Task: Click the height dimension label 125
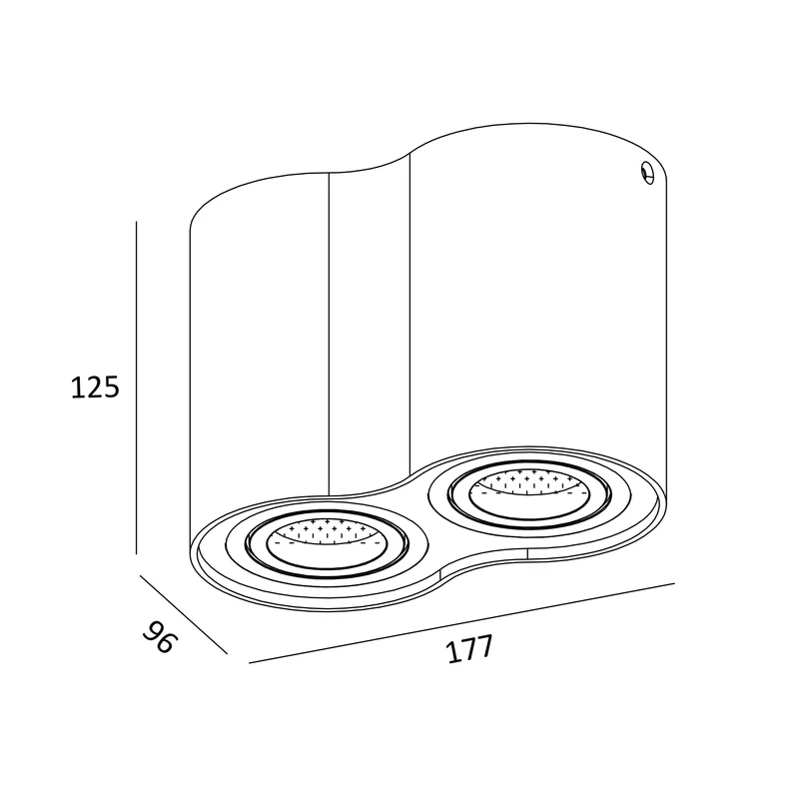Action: (x=95, y=388)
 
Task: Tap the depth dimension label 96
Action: (x=161, y=636)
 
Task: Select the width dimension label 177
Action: (x=469, y=649)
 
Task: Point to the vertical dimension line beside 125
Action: (x=137, y=388)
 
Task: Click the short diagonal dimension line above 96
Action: (x=184, y=614)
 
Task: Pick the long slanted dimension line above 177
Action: (x=461, y=623)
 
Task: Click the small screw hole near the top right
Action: (x=647, y=172)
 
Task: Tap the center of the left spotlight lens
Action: (x=327, y=544)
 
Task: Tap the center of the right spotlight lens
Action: (x=529, y=492)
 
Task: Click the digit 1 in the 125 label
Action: (x=77, y=388)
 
